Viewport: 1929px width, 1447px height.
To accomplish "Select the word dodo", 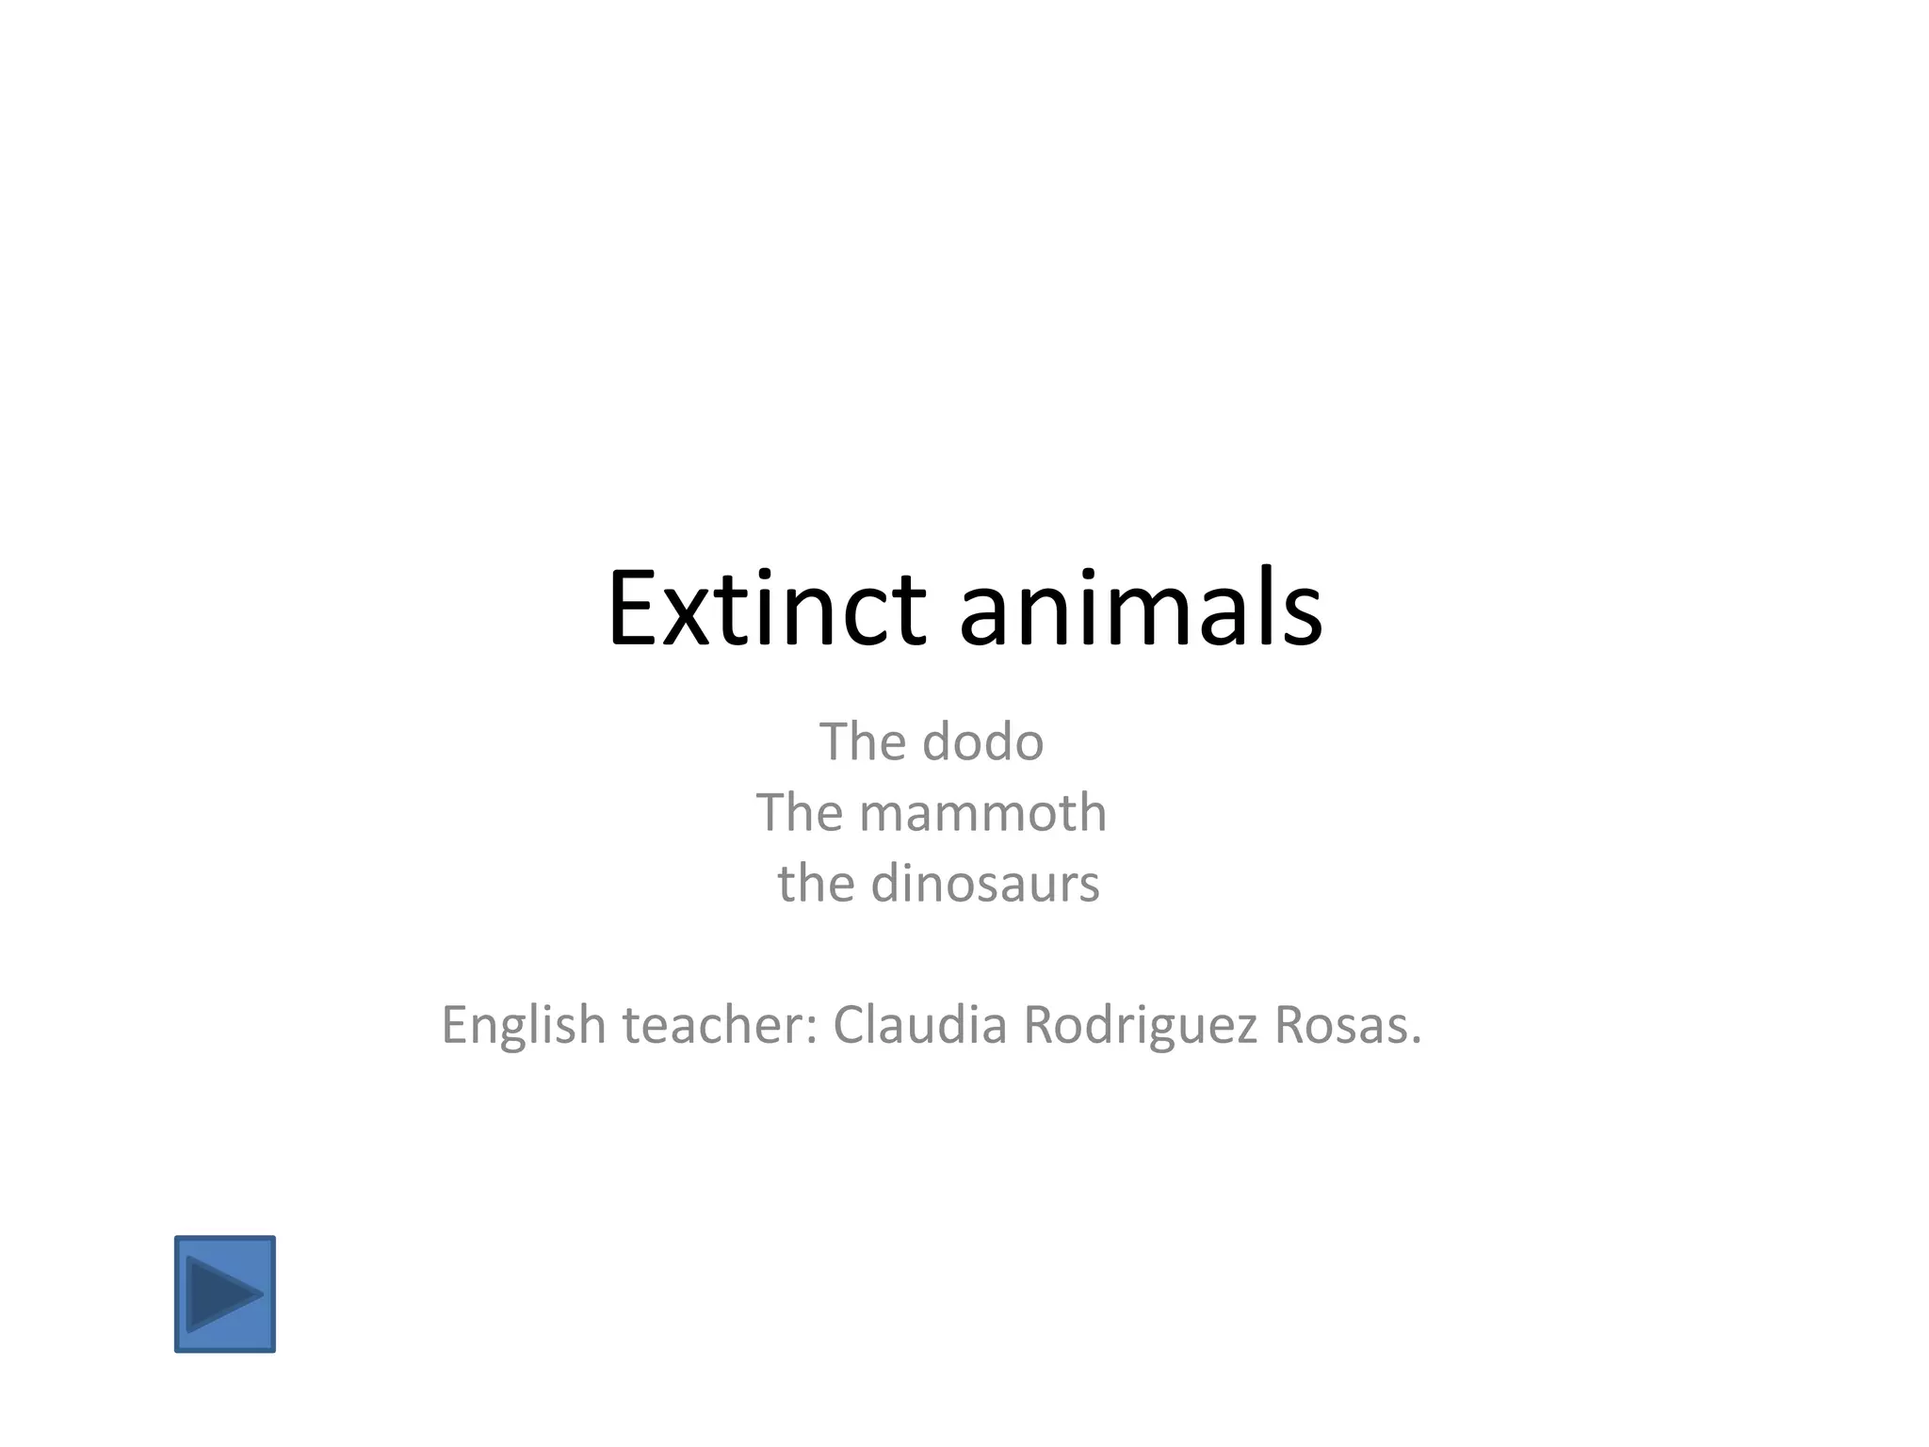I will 982,742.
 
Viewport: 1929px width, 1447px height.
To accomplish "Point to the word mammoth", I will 982,813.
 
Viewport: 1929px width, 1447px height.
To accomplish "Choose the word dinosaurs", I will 984,885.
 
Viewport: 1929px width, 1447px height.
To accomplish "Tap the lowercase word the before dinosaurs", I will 816,885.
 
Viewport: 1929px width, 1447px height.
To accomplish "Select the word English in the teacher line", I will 524,1026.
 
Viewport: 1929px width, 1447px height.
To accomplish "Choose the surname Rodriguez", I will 1140,1026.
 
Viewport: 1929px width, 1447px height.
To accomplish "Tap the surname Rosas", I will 1338,1025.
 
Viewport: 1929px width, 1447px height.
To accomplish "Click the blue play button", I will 225,1294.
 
